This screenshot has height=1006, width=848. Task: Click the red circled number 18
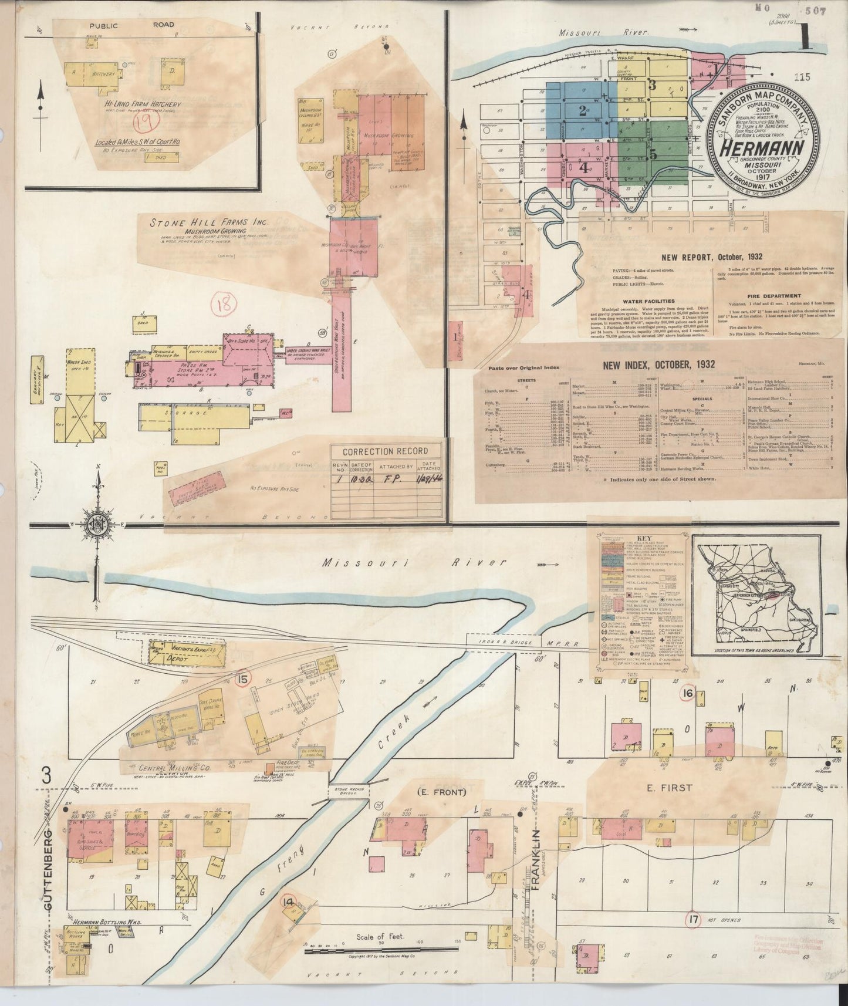pos(225,303)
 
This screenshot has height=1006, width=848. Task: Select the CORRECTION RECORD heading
pos(384,451)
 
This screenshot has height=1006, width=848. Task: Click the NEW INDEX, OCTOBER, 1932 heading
pos(659,364)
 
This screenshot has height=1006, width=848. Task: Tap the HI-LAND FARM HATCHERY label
pos(140,104)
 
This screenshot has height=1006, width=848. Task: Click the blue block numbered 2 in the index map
pos(582,110)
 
